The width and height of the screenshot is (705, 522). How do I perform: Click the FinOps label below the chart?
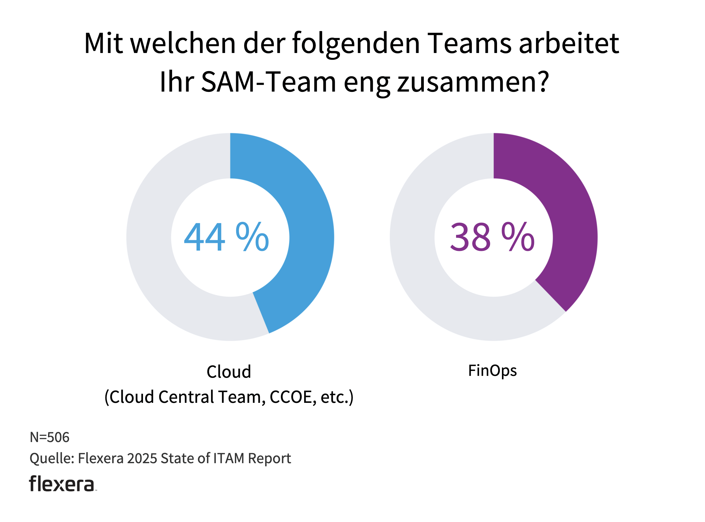492,371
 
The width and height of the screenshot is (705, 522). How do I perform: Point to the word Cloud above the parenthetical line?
229,372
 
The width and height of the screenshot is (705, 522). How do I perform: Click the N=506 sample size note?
49,437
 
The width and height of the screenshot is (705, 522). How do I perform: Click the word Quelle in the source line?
51,459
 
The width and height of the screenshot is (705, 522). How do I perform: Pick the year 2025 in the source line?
142,459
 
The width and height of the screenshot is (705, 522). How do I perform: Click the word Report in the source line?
269,459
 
